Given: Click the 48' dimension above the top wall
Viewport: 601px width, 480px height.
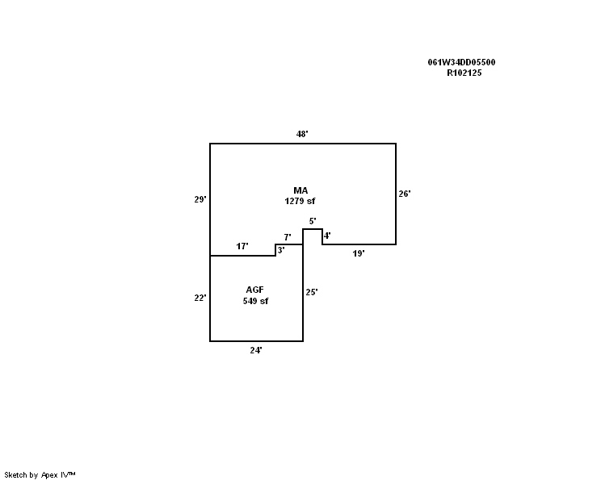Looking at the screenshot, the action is (x=302, y=134).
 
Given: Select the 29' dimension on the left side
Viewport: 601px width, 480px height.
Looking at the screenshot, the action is (x=200, y=199).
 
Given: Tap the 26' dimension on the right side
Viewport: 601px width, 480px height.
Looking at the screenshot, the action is (x=405, y=194).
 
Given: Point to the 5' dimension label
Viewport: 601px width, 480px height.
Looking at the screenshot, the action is (x=313, y=221).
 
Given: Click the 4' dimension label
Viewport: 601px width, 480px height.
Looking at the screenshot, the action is (x=327, y=236).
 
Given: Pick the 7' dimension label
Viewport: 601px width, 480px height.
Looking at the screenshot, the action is (x=288, y=237).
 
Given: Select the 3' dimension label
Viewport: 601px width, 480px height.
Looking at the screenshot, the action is (x=281, y=250).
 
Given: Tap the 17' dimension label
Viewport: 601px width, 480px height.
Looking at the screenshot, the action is (x=242, y=246).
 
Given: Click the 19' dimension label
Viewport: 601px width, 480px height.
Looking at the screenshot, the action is (x=359, y=253).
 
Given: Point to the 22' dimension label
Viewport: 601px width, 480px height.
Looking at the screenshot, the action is (x=200, y=298).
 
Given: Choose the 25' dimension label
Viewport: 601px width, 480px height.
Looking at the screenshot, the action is (x=312, y=292).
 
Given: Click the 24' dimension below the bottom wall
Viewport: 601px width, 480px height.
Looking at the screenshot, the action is (x=256, y=350).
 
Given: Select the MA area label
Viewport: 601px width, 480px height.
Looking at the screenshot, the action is (x=300, y=190).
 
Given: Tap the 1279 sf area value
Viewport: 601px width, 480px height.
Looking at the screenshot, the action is (x=300, y=201).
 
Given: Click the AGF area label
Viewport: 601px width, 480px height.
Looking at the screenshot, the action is (x=255, y=290).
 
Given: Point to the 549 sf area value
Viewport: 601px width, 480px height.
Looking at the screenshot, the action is (x=255, y=301).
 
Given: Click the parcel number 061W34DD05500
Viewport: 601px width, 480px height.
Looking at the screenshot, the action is (x=461, y=62).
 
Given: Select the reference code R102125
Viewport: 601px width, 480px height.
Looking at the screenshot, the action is (x=464, y=73).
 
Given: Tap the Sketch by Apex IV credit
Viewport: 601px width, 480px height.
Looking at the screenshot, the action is (x=40, y=475).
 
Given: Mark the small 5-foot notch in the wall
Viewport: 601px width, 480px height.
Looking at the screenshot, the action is (x=313, y=229).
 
